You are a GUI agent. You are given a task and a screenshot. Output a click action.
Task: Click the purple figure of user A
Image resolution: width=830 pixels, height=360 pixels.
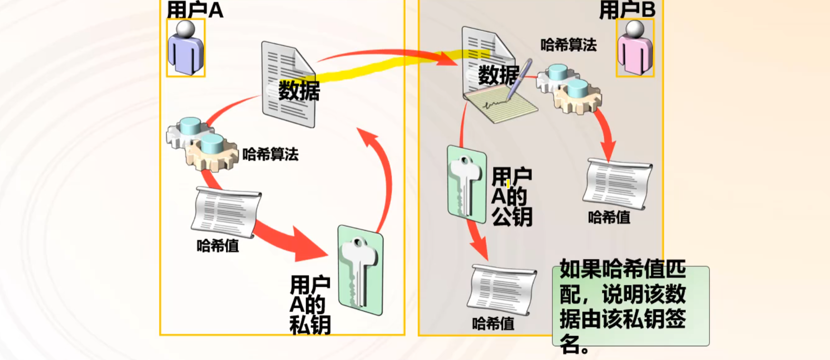[x=186, y=48]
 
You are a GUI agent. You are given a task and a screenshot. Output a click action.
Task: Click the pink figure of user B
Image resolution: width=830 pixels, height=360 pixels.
[x=635, y=48]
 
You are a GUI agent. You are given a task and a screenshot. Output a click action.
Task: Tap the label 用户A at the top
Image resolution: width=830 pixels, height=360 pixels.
[x=195, y=9]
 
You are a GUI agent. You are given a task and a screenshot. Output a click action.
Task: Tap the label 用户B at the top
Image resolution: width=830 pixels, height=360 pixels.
[x=627, y=9]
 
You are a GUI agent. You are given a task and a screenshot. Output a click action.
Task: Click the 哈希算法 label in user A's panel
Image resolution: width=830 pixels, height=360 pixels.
[x=270, y=154]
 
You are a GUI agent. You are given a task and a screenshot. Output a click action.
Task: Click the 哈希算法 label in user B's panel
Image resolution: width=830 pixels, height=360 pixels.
[x=569, y=45]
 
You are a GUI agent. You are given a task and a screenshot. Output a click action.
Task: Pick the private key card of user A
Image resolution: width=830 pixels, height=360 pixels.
[x=360, y=270]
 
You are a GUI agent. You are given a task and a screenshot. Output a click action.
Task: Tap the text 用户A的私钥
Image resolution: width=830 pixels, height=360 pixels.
[x=310, y=305]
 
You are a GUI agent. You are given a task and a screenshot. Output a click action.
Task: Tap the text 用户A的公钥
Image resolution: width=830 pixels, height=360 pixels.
[x=512, y=196]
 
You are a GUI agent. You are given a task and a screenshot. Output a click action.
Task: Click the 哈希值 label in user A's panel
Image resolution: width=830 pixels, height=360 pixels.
[x=218, y=246]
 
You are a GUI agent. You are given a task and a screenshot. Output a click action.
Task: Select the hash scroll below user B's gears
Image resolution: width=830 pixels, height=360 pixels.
[x=617, y=184]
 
